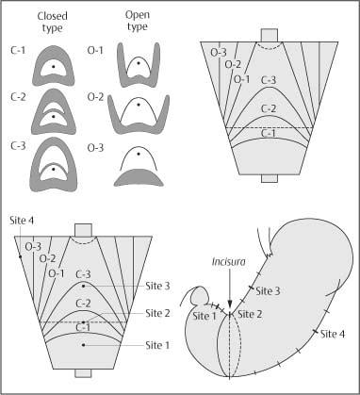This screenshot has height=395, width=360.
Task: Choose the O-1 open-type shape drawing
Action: click(x=139, y=68)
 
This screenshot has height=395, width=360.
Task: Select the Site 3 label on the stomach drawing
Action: click(x=269, y=291)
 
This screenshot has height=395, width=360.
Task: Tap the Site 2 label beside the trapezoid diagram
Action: click(x=157, y=312)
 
